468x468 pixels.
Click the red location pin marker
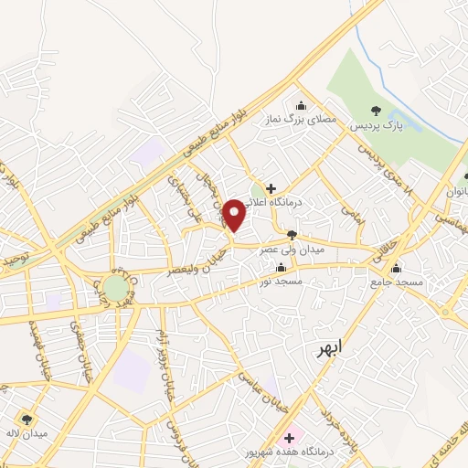click(235, 213)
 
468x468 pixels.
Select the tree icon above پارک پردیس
click(376, 112)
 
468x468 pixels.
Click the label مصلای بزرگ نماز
click(303, 120)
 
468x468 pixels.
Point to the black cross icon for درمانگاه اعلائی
click(271, 187)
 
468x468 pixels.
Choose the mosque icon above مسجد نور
click(281, 268)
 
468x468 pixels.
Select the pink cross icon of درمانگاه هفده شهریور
click(289, 438)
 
